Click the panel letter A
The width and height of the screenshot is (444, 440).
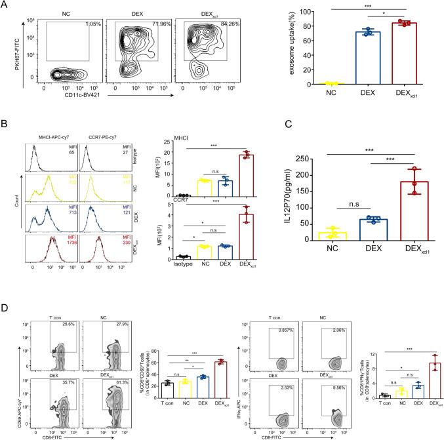(x=6, y=6)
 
